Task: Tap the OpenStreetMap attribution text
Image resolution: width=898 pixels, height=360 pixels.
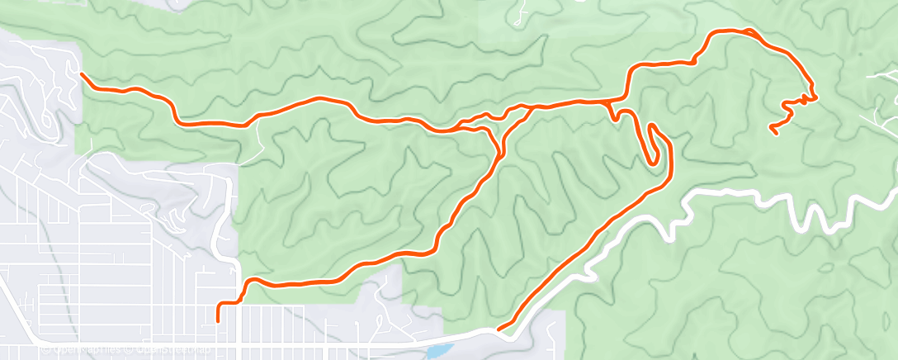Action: click(177, 349)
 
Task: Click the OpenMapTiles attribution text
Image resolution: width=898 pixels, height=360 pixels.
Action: click(75, 349)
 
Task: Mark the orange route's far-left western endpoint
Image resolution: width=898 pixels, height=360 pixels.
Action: click(81, 73)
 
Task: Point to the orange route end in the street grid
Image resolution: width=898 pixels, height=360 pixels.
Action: click(218, 319)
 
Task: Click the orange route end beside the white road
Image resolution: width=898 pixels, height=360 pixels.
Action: click(499, 329)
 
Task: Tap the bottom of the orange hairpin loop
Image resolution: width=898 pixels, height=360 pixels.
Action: click(656, 162)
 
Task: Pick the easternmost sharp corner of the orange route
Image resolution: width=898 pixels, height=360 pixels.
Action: click(815, 97)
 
